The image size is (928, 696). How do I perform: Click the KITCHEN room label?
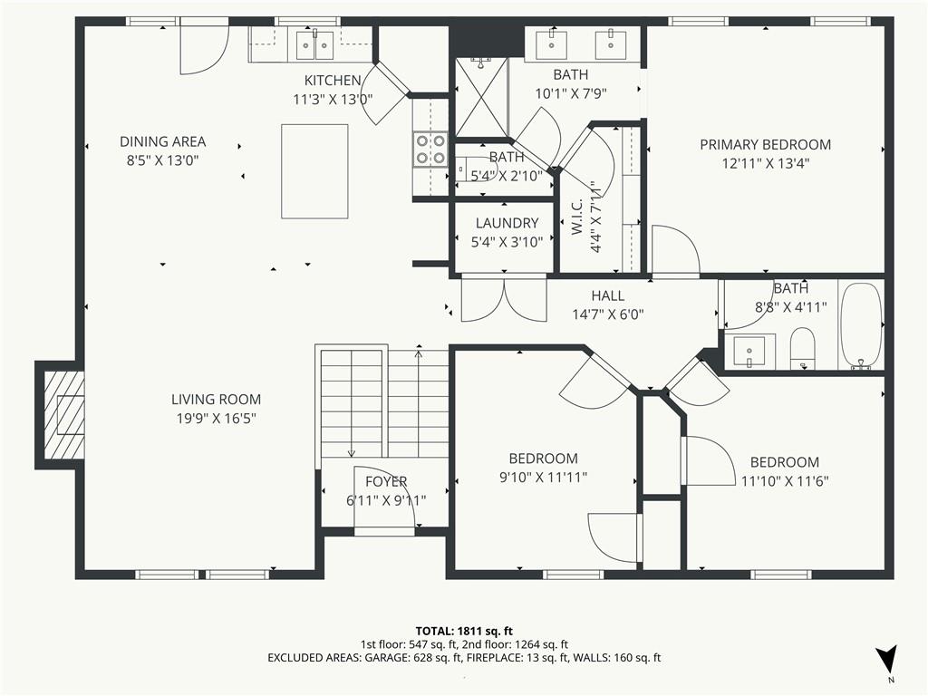[333, 81]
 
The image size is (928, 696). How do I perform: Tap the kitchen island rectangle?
[314, 171]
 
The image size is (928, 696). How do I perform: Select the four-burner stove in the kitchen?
[430, 150]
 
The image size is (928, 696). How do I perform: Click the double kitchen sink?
[314, 45]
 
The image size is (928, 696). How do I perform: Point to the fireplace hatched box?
[64, 415]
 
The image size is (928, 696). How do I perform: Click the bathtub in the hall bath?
[861, 325]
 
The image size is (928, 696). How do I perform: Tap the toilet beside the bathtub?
[803, 349]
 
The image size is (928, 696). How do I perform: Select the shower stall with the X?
[481, 96]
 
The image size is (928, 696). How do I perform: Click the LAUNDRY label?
[507, 223]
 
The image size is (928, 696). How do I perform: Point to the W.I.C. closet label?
[577, 217]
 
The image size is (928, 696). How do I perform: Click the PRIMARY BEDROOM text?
[765, 145]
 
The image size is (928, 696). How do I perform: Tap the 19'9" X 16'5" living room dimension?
[216, 419]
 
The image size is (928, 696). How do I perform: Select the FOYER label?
[386, 482]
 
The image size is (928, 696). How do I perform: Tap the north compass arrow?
[886, 659]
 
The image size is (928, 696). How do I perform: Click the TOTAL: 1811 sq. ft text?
[464, 631]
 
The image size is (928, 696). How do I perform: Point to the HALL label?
[608, 296]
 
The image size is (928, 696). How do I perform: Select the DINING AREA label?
[163, 142]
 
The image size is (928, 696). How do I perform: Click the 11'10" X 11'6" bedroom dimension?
[785, 481]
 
